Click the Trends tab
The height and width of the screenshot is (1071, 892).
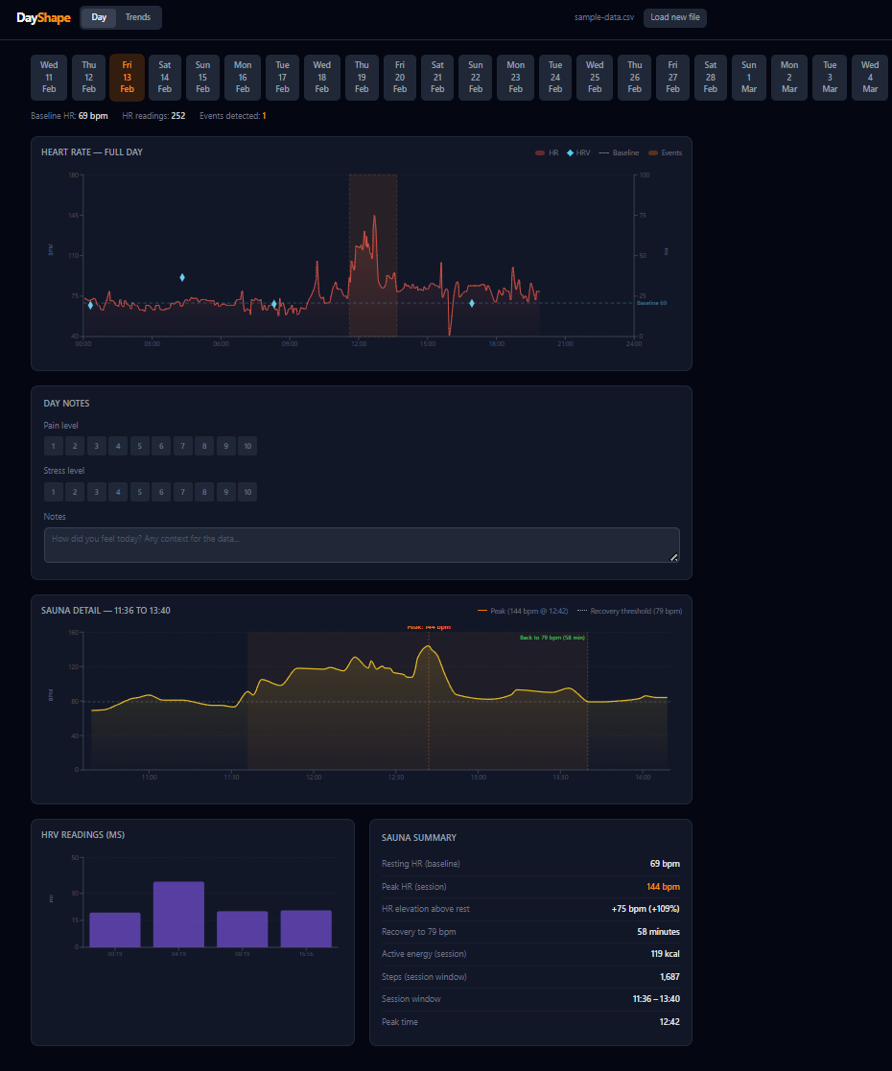[x=137, y=17]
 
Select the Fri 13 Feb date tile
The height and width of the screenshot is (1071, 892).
[x=128, y=78]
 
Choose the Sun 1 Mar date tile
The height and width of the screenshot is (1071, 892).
[x=749, y=78]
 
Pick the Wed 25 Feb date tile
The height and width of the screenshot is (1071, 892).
[x=595, y=78]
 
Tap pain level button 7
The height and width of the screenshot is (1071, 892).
[x=182, y=446]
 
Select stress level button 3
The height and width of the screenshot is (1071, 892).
[x=96, y=492]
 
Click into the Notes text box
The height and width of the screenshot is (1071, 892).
[x=362, y=545]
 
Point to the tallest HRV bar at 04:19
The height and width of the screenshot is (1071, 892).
[x=178, y=914]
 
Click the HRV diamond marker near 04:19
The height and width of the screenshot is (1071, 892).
[x=182, y=277]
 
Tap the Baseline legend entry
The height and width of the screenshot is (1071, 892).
[x=622, y=152]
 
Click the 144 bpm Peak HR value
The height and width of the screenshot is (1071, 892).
[x=663, y=887]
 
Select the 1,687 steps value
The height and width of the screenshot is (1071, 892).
[x=669, y=976]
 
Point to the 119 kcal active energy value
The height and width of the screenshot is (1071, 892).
[x=665, y=954]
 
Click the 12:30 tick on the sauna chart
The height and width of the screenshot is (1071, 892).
[x=395, y=777]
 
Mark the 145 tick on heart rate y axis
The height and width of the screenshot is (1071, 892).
[x=73, y=215]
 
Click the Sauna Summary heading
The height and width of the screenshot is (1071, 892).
[x=419, y=837]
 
